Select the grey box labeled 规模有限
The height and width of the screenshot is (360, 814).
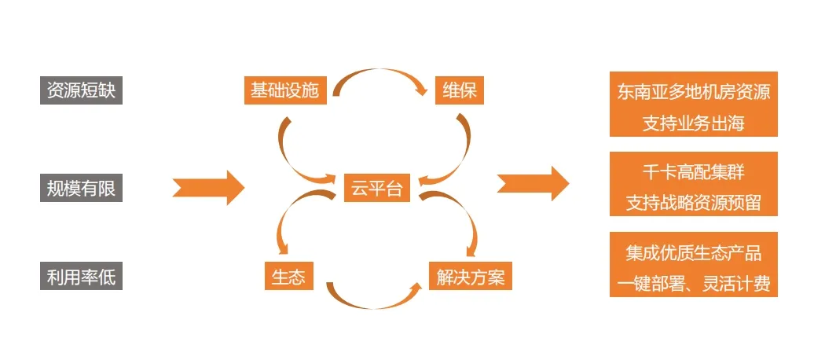(x=81, y=188)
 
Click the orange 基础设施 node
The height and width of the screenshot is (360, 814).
(x=284, y=90)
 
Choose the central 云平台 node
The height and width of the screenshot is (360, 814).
(x=376, y=188)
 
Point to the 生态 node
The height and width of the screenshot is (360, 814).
(x=288, y=276)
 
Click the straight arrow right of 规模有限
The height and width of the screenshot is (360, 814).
(x=208, y=187)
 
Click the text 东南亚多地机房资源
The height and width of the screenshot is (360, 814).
(x=694, y=91)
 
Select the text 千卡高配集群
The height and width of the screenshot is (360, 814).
(x=694, y=171)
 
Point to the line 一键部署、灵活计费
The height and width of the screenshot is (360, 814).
(x=694, y=283)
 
